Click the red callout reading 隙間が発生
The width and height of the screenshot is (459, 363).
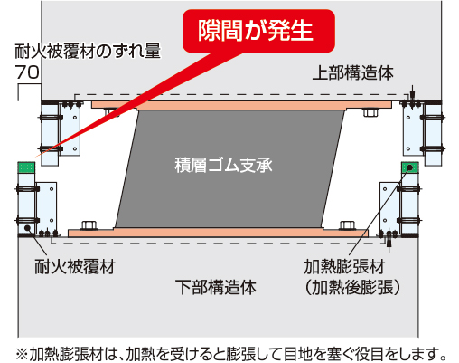point(258,31)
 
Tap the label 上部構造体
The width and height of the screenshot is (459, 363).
point(352,73)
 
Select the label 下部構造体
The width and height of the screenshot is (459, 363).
point(216,287)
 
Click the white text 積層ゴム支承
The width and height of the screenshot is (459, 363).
point(223,165)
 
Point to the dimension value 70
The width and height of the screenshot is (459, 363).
point(27,72)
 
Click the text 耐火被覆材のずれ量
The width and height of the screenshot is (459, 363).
point(88,51)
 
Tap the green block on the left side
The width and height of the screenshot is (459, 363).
point(26,167)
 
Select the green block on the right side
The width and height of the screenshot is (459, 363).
point(410,167)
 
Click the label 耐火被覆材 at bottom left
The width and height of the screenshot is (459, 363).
point(75,266)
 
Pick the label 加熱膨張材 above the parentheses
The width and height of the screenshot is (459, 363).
point(344,267)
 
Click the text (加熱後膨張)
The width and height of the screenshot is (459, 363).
point(352,287)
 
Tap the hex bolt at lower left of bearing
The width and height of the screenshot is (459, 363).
point(89,225)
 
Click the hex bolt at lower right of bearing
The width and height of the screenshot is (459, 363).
point(348,225)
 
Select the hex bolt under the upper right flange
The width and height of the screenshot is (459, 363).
point(370,112)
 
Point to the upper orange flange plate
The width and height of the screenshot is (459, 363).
point(241,105)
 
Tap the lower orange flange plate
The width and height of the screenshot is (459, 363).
point(218,233)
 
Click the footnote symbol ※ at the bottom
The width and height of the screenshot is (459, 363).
point(22,353)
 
